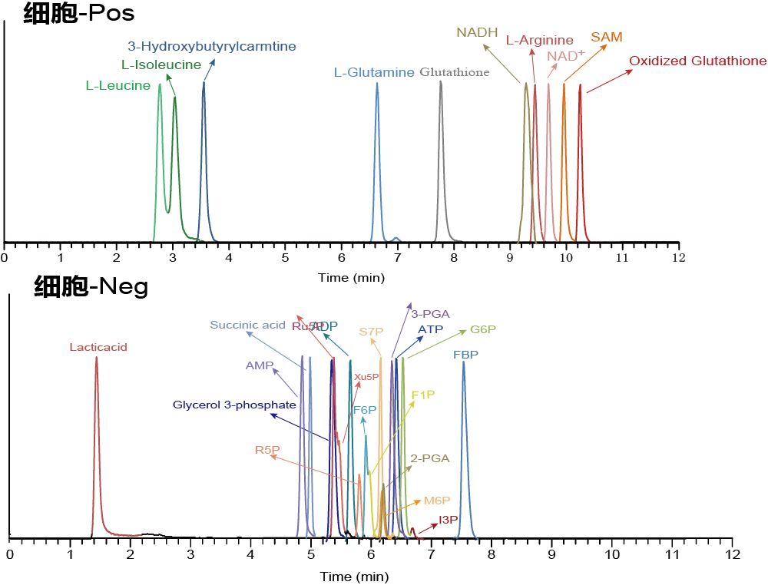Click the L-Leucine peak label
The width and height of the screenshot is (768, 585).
click(x=118, y=86)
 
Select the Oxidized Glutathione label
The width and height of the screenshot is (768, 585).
click(x=697, y=61)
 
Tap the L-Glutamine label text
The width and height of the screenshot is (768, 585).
click(x=374, y=73)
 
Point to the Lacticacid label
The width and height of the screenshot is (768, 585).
click(x=98, y=348)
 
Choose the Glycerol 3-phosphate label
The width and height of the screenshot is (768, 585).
click(x=234, y=405)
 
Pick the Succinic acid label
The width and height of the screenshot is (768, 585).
click(x=248, y=326)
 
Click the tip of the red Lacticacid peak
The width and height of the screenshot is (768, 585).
click(x=97, y=358)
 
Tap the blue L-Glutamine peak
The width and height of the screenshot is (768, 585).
click(x=377, y=84)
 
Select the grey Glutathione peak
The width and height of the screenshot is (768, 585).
click(x=441, y=83)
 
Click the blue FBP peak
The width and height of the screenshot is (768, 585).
click(x=464, y=363)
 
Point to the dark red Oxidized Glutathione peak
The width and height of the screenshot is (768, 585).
click(x=580, y=87)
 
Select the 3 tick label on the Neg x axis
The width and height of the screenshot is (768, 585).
click(x=190, y=554)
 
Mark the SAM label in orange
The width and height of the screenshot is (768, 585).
click(x=607, y=38)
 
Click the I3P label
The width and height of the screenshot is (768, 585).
click(x=449, y=520)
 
